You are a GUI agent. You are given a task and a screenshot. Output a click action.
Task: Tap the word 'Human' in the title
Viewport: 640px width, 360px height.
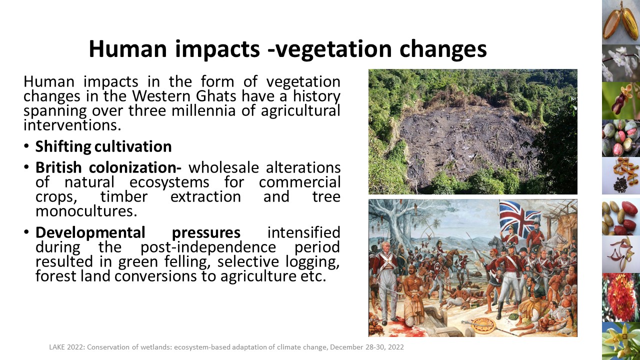point(127,48)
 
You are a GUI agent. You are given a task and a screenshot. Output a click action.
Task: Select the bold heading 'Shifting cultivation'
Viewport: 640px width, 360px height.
point(103,147)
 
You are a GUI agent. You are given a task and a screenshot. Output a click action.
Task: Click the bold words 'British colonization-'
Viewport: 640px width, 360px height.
point(108,167)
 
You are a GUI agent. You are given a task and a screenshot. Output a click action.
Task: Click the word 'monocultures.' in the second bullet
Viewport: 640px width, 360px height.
point(86,211)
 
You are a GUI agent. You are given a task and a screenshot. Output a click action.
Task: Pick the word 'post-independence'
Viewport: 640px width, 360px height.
point(208,247)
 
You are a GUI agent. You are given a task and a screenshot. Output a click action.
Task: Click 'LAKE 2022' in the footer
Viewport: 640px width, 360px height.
point(66,347)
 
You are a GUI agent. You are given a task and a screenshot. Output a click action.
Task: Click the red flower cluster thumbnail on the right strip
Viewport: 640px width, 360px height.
point(620,297)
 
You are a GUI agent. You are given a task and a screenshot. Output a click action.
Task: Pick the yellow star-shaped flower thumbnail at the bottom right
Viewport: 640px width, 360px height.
point(621,341)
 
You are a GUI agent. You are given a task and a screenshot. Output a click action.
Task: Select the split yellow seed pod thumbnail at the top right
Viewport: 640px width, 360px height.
point(621,22)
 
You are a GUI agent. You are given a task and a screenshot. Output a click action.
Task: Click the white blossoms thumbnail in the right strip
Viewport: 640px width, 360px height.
point(621,63)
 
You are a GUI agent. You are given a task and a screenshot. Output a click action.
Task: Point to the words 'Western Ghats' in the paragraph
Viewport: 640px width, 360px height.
point(184,96)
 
